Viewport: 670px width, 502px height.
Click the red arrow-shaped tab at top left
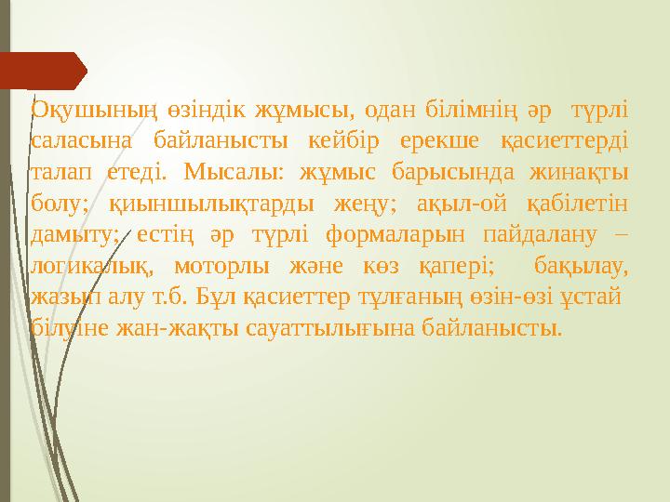(x=47, y=71)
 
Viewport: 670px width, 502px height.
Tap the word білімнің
(x=471, y=110)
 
